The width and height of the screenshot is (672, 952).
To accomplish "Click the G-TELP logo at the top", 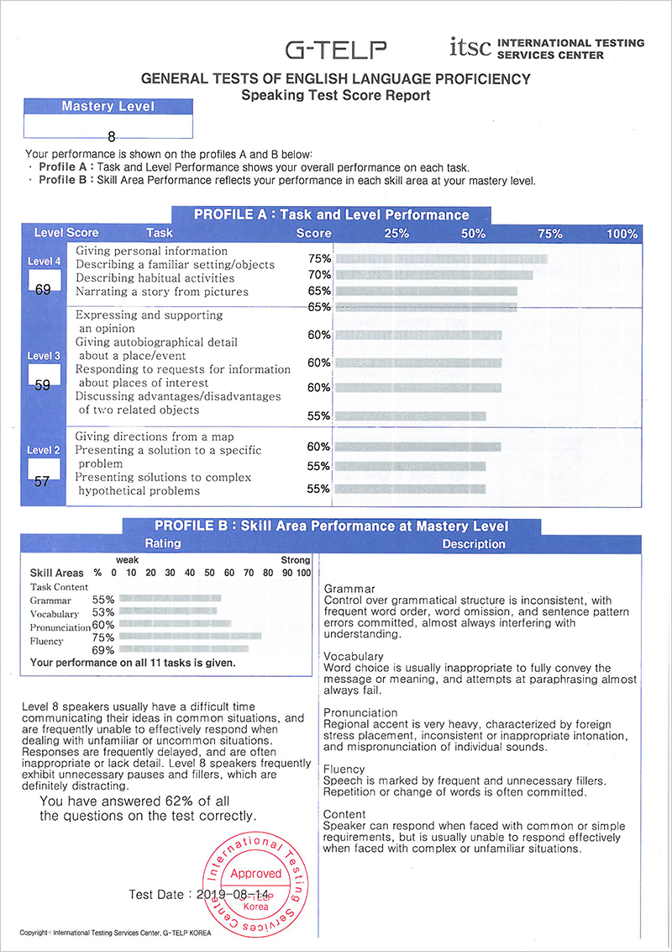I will pos(336,50).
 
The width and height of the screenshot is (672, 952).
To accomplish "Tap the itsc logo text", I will pos(470,47).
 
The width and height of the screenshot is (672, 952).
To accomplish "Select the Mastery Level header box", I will pos(108,107).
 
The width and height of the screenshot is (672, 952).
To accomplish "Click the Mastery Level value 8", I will pos(111,135).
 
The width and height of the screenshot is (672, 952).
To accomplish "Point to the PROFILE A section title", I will pos(331,214).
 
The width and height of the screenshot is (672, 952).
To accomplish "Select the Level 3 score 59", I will pos(44,386).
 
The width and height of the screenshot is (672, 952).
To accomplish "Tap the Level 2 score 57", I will pos(44,483).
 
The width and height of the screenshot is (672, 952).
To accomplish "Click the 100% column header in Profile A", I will pos(622,234).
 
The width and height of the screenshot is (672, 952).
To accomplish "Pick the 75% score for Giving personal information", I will pos(319,259).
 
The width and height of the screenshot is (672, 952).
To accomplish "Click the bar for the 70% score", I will pos(433,275).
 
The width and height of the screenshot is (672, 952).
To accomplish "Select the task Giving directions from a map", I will pos(155,436).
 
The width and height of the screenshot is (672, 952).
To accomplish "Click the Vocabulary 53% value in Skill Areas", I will pos(103,614).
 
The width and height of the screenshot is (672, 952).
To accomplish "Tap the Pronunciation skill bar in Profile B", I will pos(176,625).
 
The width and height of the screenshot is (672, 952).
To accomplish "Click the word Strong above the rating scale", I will pos(295,560).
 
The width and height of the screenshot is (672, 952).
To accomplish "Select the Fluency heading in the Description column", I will pos(344,769).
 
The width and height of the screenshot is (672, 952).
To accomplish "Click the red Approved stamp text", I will pos(255,874).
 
